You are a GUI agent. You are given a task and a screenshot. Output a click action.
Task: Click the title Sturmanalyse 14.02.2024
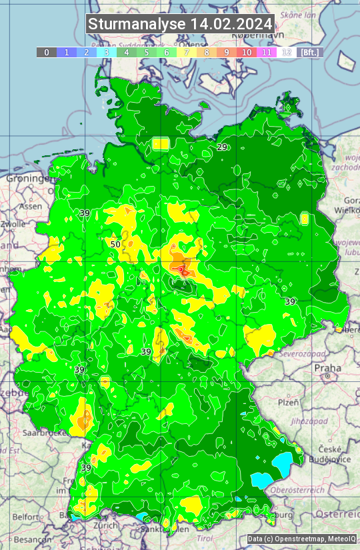pos(180,24)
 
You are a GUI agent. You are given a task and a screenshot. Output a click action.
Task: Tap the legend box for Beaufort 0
pos(47,52)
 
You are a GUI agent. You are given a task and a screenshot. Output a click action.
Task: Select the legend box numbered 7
pos(187,52)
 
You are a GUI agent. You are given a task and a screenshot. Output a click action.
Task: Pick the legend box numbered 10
pos(247,52)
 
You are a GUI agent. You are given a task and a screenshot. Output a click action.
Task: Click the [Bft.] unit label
pos(309,52)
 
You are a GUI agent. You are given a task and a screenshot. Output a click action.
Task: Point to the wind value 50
pos(115,244)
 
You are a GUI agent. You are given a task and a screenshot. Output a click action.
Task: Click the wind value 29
pos(222,147)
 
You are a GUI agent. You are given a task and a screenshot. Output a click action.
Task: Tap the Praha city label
pos(328,368)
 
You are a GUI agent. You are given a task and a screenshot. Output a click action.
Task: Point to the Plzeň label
pos(288,402)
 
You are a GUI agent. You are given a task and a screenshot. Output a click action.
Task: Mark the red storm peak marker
pos(181,269)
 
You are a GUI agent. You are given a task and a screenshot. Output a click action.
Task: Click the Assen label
pos(30,207)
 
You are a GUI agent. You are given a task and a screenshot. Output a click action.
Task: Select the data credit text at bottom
pos(301,539)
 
